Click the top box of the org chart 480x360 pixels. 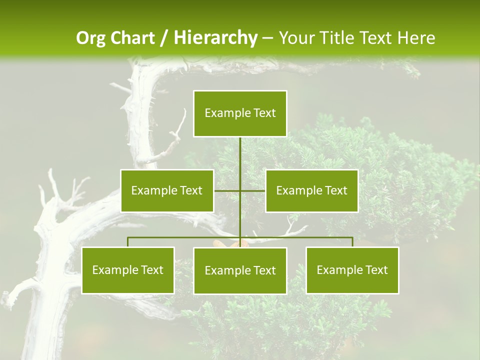[x=240, y=113]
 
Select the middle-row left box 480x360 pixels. [x=167, y=190]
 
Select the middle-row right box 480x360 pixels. [x=311, y=190]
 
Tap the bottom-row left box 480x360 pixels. [x=128, y=270]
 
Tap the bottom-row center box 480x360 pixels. [x=240, y=270]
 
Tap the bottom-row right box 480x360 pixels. [x=352, y=270]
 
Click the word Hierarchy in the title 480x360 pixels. [x=215, y=38]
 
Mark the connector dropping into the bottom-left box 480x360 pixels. [x=128, y=242]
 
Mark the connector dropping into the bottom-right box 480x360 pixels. [x=352, y=242]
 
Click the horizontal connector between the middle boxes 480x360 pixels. [x=227, y=190]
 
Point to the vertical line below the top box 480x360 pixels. [x=240, y=155]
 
